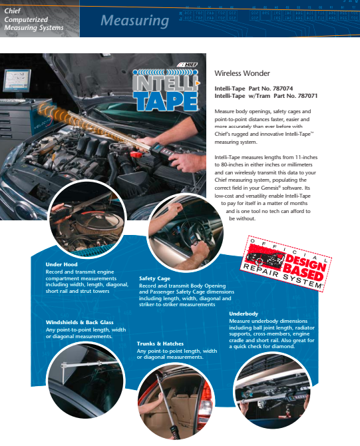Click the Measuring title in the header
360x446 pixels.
[x=134, y=21]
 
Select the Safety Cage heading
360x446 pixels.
[x=154, y=279]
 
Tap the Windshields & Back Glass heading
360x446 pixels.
[x=80, y=322]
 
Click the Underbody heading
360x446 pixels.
[x=244, y=313]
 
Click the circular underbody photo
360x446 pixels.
[x=281, y=393]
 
